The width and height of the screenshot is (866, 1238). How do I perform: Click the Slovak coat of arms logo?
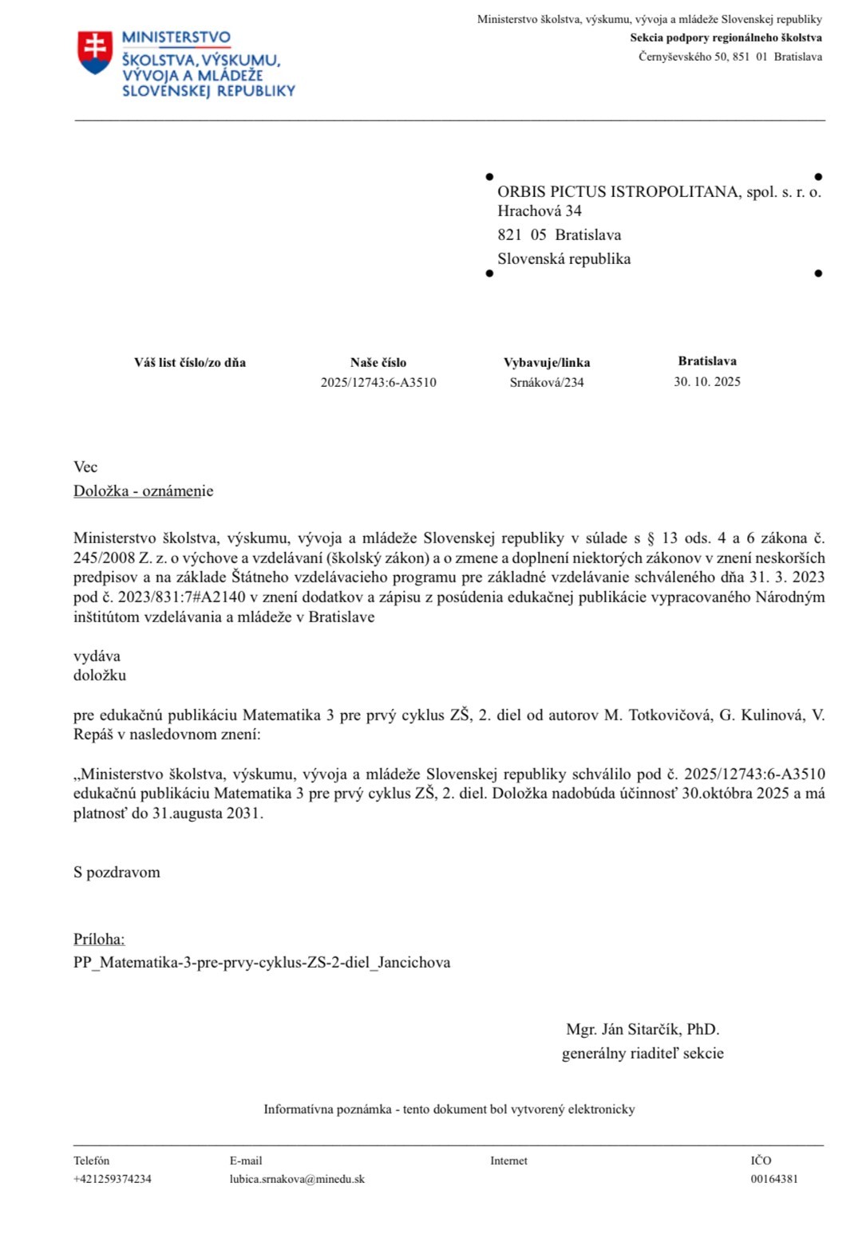click(x=94, y=53)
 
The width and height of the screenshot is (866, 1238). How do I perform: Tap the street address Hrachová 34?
click(x=540, y=211)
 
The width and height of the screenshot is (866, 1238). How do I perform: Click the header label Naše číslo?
click(x=378, y=362)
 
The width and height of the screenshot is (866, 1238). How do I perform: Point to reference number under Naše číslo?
click(x=378, y=382)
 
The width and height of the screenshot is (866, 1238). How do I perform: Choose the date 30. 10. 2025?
click(x=707, y=381)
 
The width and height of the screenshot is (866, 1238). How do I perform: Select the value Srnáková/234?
click(x=547, y=382)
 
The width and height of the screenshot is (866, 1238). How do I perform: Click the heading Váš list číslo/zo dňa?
click(x=190, y=362)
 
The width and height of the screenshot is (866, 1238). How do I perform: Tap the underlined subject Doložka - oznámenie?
click(x=144, y=491)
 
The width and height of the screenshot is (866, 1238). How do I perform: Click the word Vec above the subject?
click(x=85, y=467)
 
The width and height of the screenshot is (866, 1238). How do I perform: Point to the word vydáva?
click(x=97, y=656)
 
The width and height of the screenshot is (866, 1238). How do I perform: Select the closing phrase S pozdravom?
click(x=117, y=873)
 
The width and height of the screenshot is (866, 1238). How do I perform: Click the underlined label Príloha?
click(x=99, y=940)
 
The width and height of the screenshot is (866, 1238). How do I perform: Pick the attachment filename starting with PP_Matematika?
click(x=262, y=963)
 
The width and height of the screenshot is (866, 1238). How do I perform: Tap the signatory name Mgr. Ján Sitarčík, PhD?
click(x=643, y=1030)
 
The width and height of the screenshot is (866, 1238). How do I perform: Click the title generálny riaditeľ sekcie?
click(x=643, y=1054)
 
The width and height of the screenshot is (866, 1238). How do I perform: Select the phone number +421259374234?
click(x=113, y=1179)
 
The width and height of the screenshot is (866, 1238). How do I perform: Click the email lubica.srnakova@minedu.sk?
click(x=297, y=1179)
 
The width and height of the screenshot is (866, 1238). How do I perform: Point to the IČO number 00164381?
click(x=773, y=1179)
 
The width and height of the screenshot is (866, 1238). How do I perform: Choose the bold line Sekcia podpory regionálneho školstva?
click(x=726, y=37)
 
